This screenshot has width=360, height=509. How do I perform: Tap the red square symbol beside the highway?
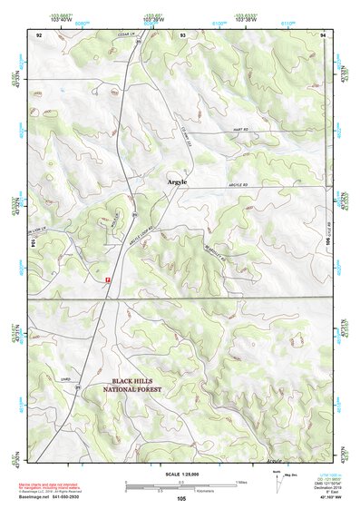click(x=108, y=280)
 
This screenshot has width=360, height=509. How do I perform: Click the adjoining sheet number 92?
click(x=39, y=34)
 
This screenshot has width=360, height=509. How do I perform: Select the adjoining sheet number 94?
click(x=323, y=34)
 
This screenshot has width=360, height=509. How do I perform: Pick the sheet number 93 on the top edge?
click(x=183, y=34)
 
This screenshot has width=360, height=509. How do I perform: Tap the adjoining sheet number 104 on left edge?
click(x=33, y=243)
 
